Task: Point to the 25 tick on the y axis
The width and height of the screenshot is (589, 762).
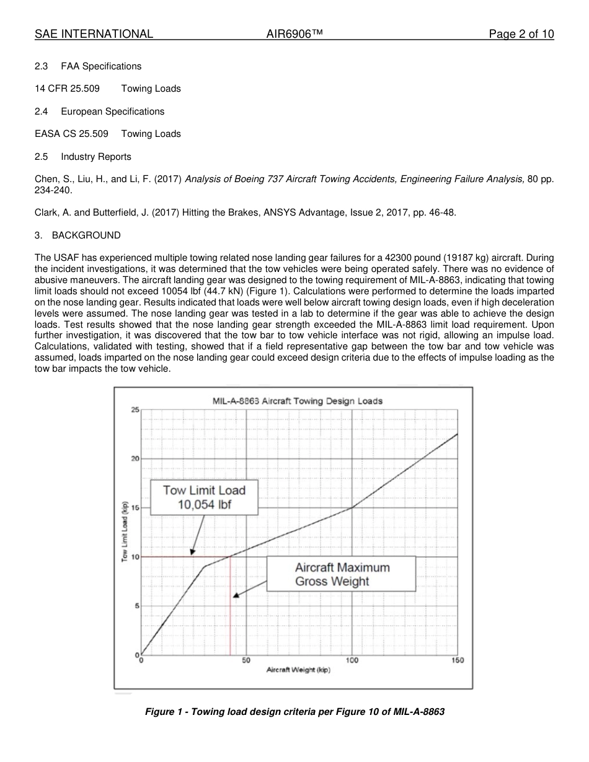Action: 135,409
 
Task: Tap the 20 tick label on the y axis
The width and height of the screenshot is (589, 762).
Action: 135,458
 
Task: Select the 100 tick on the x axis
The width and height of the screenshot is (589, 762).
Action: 352,660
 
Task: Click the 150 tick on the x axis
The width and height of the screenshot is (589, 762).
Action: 458,660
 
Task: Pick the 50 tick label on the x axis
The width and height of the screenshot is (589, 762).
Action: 246,660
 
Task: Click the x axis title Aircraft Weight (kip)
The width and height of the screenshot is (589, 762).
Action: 298,670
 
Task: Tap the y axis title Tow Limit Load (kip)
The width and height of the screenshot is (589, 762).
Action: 125,531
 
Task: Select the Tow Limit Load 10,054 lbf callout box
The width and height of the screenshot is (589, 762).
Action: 204,497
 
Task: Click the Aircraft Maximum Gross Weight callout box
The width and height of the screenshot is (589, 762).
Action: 341,574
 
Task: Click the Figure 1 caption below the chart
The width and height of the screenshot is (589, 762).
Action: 294,712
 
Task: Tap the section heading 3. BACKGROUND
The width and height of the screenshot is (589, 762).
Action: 77,235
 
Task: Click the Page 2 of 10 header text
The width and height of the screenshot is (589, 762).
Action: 521,34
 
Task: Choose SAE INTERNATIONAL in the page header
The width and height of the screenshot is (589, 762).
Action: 94,34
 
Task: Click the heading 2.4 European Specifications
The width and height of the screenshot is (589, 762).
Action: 100,112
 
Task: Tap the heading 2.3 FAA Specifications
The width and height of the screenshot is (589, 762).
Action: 88,66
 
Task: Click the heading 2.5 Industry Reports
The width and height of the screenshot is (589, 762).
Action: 83,157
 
